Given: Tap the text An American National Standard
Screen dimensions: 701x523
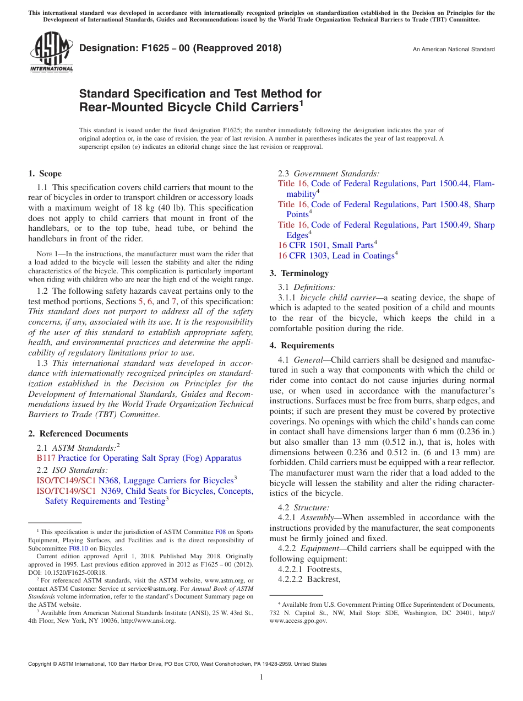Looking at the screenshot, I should point(453,50).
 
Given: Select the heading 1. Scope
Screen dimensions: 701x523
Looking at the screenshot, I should point(45,174).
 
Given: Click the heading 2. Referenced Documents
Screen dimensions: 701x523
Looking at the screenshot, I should point(78,434).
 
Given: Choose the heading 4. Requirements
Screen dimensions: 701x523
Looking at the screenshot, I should point(302,346).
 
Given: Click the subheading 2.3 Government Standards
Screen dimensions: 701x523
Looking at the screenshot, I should point(328,174).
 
